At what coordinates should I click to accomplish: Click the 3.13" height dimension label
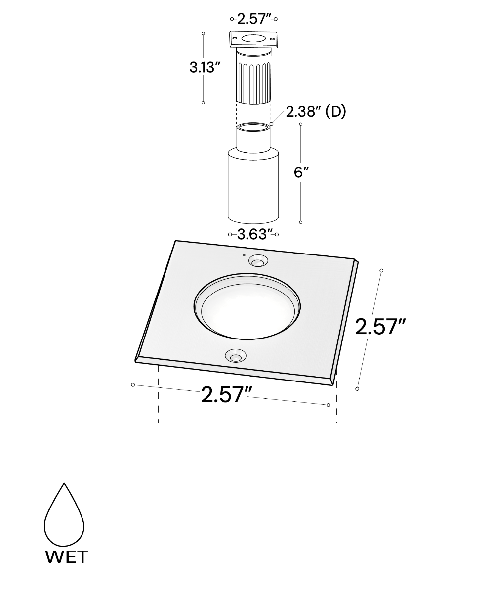pyautogui.click(x=205, y=68)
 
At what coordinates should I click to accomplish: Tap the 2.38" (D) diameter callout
pyautogui.click(x=316, y=112)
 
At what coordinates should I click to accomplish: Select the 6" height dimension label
pyautogui.click(x=301, y=172)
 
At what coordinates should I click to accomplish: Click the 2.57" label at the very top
pyautogui.click(x=253, y=19)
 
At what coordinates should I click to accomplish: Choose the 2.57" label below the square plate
pyautogui.click(x=227, y=394)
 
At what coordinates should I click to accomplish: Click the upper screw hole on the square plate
pyautogui.click(x=258, y=261)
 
